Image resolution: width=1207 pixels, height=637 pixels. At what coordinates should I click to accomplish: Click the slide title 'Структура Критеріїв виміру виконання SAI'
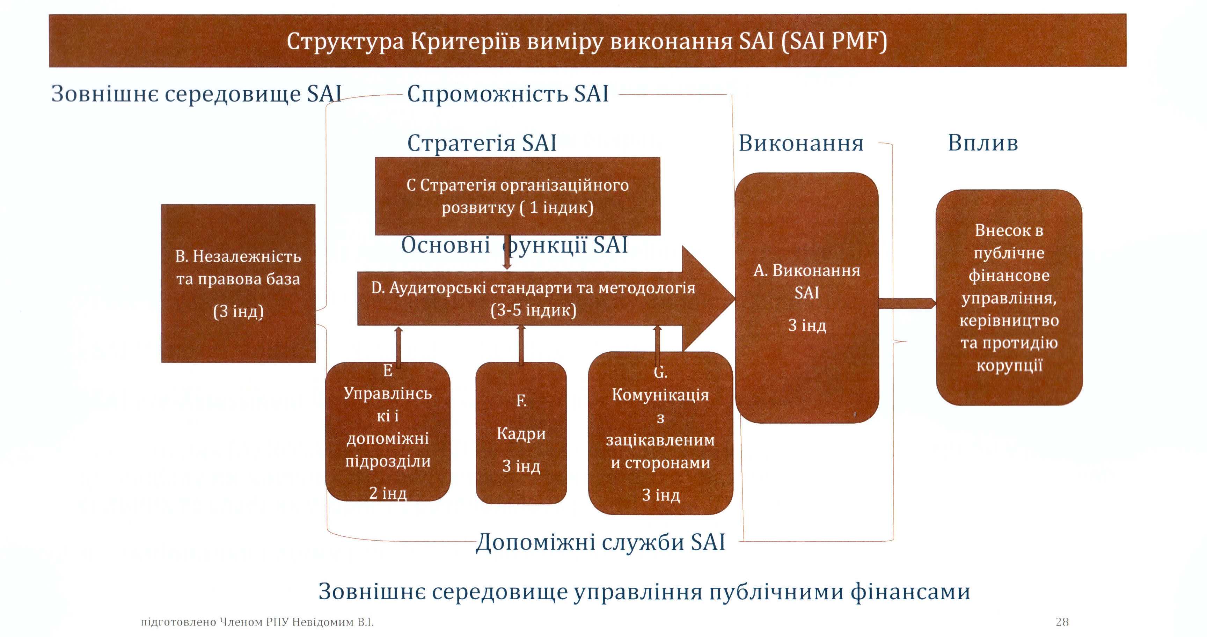(587, 41)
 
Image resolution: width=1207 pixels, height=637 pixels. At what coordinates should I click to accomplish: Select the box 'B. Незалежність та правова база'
(238, 283)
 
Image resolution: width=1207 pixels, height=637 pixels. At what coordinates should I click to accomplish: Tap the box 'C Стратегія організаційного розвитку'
(517, 196)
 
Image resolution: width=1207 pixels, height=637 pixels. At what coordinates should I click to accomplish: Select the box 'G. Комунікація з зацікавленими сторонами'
(660, 434)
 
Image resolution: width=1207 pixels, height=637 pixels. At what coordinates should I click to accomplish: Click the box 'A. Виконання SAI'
(806, 298)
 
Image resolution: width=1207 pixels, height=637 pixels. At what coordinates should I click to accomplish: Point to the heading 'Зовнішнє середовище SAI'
(196, 94)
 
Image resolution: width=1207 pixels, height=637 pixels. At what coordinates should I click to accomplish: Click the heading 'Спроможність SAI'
(508, 94)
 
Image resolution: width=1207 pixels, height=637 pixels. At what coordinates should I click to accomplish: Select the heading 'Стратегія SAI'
(482, 143)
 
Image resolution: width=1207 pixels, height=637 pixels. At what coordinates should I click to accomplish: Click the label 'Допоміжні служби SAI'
(601, 542)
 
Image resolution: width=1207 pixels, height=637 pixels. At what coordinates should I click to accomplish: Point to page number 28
(1062, 622)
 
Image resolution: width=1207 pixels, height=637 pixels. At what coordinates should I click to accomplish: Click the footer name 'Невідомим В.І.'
(333, 622)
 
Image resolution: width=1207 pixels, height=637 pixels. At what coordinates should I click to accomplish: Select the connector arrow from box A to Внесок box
(907, 303)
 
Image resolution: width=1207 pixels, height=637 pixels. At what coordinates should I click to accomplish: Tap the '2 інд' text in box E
(388, 493)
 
